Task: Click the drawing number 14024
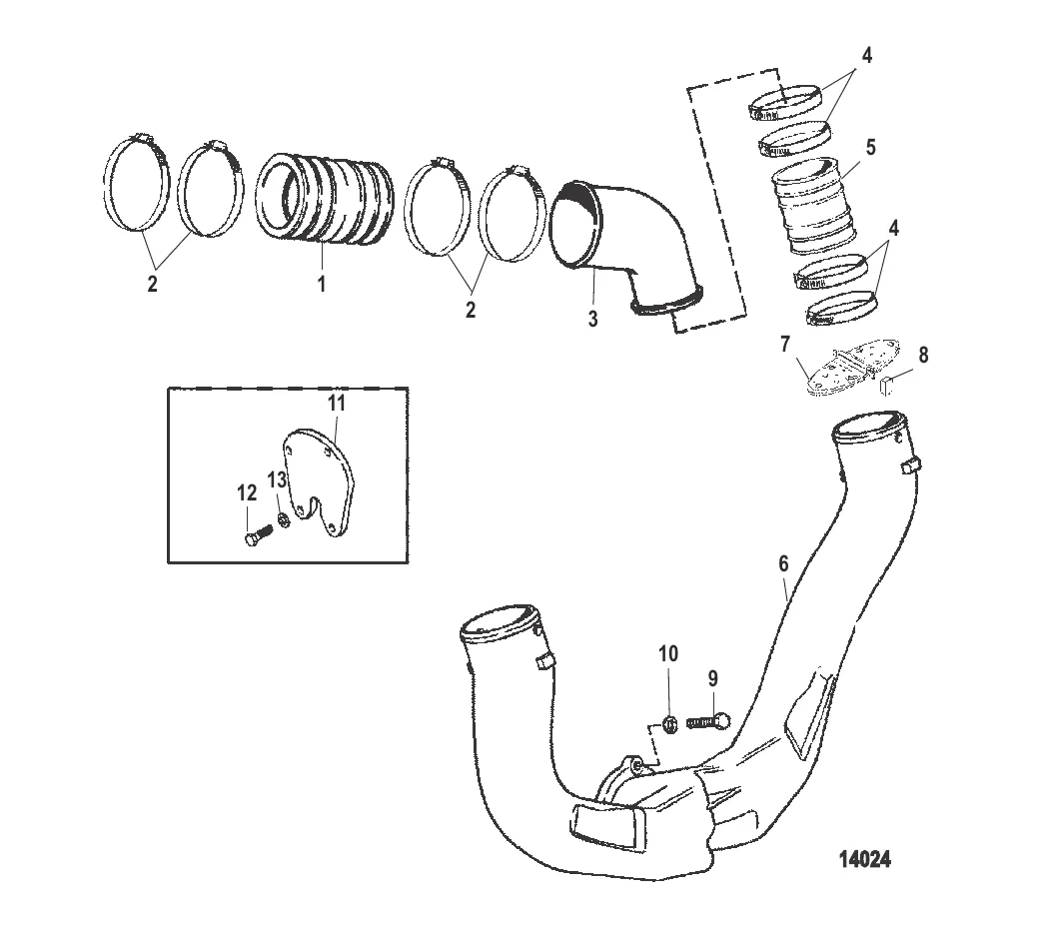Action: [x=865, y=859]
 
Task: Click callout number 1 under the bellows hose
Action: [x=322, y=284]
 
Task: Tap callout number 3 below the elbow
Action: [x=592, y=319]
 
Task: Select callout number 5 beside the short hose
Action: [x=870, y=148]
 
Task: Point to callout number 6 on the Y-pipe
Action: [x=783, y=563]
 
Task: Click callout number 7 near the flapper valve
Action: [x=785, y=344]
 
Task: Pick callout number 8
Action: [x=923, y=356]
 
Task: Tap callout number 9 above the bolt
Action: [x=712, y=678]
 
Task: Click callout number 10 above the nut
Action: [x=668, y=653]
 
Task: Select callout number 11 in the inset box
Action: [x=337, y=403]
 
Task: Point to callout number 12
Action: [x=247, y=492]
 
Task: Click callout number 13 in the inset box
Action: [x=277, y=478]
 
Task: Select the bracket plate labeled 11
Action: [x=319, y=482]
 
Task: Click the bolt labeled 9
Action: [x=708, y=721]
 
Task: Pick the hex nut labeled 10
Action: [x=668, y=724]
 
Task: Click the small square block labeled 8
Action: [x=887, y=385]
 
